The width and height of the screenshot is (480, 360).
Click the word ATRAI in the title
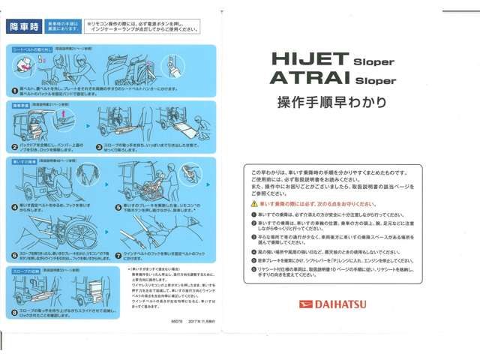coord(301,78)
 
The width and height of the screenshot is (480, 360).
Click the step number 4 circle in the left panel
coord(13,205)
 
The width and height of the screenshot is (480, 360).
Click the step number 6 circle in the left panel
coord(13,255)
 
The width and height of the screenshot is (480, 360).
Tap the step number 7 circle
coord(118,255)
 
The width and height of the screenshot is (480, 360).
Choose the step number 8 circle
coord(13,310)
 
